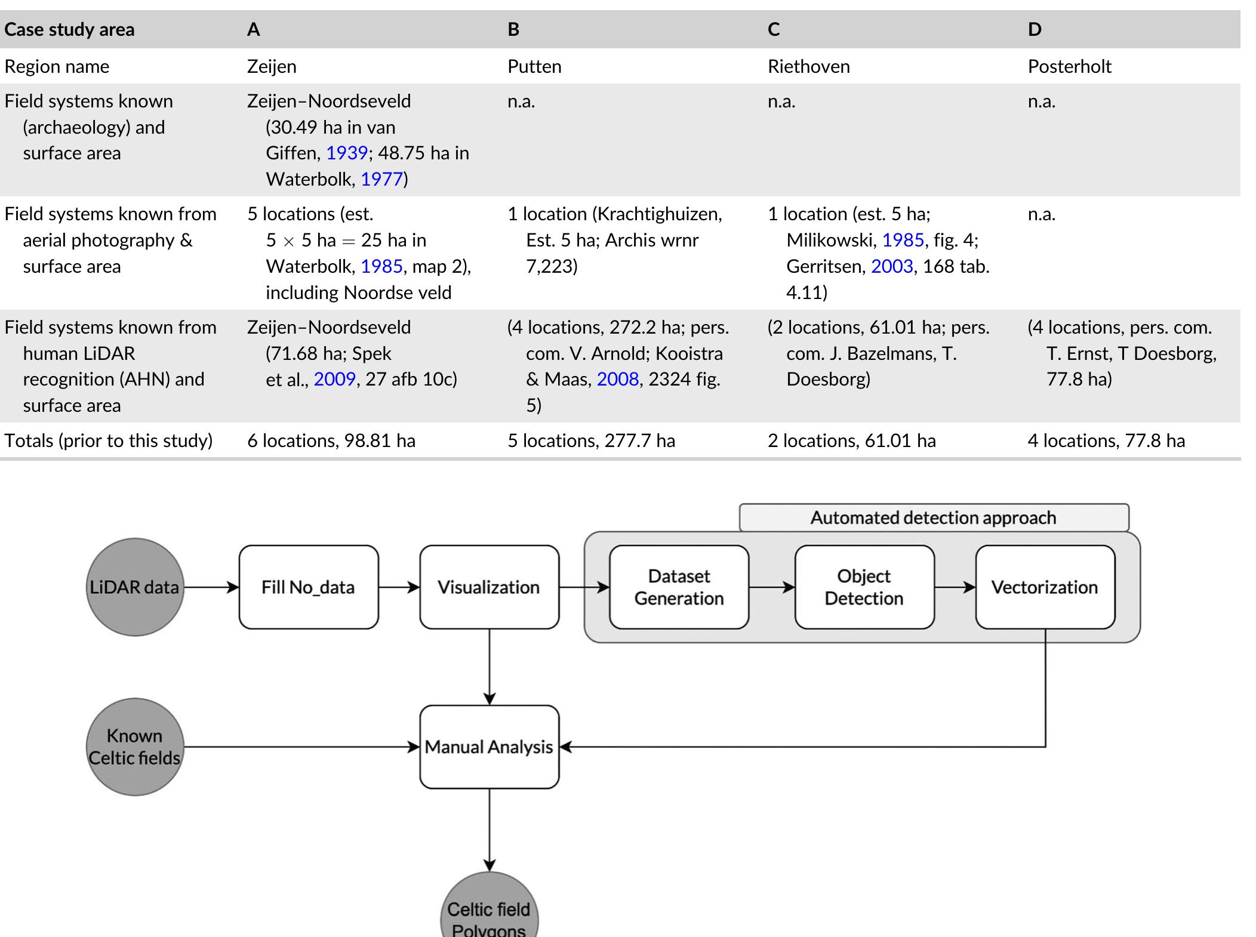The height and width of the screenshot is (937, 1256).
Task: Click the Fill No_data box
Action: [x=309, y=587]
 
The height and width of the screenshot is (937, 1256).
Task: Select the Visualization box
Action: [x=489, y=587]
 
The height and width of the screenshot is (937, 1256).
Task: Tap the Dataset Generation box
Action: [x=679, y=587]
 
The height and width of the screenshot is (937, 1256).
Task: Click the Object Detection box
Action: [x=864, y=587]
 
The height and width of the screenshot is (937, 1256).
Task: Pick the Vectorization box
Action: [x=1045, y=587]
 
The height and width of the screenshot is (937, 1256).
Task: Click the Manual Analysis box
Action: [x=489, y=747]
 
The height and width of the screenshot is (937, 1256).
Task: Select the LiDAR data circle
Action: [x=135, y=587]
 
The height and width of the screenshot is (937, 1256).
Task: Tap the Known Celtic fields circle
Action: [x=135, y=747]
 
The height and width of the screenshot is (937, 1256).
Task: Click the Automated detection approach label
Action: [x=934, y=517]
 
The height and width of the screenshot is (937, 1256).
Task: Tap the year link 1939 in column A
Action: [x=347, y=153]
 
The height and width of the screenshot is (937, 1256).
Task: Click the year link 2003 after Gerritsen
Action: [x=892, y=266]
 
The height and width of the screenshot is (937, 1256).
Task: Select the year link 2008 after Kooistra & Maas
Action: [x=618, y=380]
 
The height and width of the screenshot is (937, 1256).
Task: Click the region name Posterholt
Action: [x=1069, y=66]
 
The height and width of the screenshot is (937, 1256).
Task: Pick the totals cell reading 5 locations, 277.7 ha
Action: [x=591, y=441]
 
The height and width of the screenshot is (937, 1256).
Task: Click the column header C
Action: [x=774, y=30]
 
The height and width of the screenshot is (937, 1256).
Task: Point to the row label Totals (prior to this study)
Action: [x=109, y=441]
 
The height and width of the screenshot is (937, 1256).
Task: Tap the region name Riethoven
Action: [x=808, y=66]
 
